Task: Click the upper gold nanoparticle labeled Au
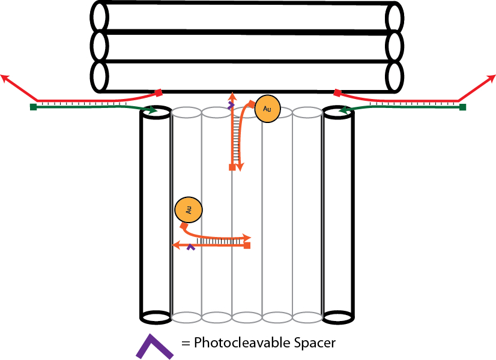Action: pos(267,109)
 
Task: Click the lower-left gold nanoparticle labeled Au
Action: pos(189,209)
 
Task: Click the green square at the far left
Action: pos(33,107)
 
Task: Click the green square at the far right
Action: pos(463,107)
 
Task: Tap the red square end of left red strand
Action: pos(159,92)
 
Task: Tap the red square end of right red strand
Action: pos(337,92)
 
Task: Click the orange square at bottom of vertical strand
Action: pos(232,167)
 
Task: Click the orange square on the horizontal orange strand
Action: pos(247,245)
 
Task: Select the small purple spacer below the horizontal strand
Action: pos(191,247)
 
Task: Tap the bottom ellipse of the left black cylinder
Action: pos(156,316)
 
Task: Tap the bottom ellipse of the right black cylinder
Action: pos(338,316)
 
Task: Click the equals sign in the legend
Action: pos(186,344)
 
